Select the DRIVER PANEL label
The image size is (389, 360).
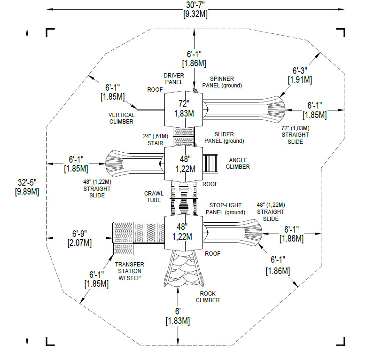tap(173, 78)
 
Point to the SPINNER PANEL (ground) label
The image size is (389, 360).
tap(222, 82)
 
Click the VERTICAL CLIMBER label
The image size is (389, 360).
tap(121, 118)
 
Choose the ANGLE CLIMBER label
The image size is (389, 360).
tap(238, 164)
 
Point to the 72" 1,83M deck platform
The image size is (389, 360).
tap(183, 109)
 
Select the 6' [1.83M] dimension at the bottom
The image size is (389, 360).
tap(178, 315)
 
